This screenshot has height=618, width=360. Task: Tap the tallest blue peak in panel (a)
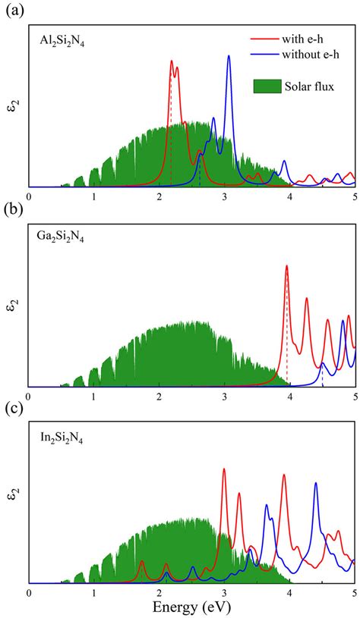click(x=229, y=57)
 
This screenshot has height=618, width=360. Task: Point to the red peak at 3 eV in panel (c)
click(x=224, y=469)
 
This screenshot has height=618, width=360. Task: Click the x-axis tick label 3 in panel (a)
click(x=224, y=196)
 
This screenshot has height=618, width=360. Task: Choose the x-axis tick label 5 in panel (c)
click(x=355, y=593)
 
